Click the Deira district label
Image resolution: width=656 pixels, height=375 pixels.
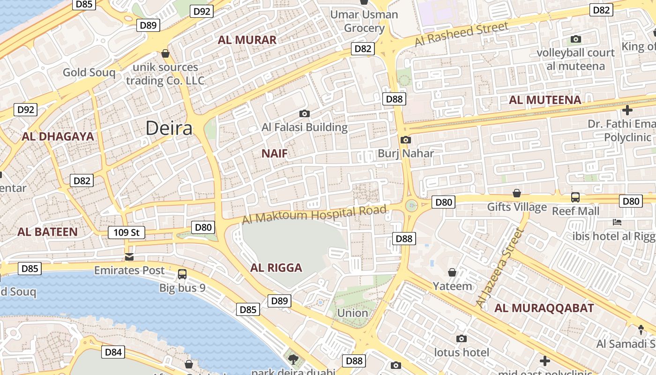point(169,128)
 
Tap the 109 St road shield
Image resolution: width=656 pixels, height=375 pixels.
point(127,232)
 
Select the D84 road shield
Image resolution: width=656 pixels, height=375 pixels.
point(113,352)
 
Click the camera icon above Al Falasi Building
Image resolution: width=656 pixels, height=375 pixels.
point(305,113)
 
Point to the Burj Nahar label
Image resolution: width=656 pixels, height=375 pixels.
point(406,153)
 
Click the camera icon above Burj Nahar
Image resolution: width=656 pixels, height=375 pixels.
point(406,140)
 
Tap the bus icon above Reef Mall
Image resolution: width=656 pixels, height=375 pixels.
point(575,197)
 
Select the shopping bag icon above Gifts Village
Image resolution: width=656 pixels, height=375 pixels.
point(517,193)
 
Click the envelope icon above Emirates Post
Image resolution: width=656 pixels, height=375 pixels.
point(129,257)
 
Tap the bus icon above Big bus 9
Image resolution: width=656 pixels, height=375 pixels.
point(182,274)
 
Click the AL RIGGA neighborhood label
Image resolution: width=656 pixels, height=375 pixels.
point(276,268)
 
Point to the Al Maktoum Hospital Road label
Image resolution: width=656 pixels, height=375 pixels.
point(314,214)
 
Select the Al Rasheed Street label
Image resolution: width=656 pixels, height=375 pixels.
point(461,34)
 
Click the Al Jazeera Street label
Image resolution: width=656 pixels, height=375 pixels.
point(499,268)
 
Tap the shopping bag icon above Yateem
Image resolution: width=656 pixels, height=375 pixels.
point(452,272)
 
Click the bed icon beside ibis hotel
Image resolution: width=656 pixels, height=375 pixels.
point(617,222)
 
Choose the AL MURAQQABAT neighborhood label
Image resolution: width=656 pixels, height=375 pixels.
point(544,308)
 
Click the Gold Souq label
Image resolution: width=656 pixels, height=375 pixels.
point(89,72)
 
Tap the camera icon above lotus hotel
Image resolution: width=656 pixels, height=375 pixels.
point(461,338)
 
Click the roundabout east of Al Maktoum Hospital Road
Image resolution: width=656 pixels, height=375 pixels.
point(411,205)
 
